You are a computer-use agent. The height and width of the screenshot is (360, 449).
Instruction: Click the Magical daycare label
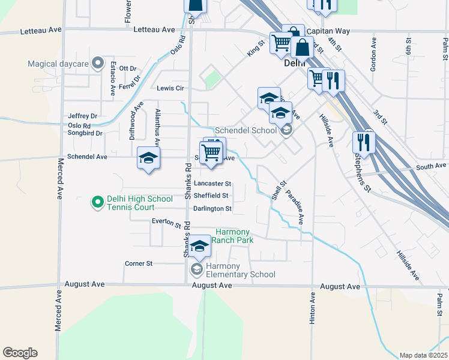[x=58, y=64]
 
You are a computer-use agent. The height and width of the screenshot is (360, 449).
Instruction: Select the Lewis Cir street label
[x=170, y=88]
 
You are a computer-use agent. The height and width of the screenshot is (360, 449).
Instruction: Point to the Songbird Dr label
[x=85, y=134]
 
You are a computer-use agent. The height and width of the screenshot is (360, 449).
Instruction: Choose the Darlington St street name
[x=212, y=209]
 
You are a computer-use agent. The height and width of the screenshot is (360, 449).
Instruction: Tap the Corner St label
[x=139, y=263]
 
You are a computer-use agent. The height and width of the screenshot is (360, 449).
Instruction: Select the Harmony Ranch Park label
[x=234, y=236]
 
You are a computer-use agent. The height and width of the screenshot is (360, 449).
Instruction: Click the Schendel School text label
[x=246, y=130]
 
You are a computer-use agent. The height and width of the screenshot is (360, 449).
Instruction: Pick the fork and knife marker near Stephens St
[x=364, y=142]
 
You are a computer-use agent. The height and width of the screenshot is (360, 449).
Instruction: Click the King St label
[x=256, y=49]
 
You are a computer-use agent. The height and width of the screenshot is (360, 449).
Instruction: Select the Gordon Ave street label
[x=373, y=55]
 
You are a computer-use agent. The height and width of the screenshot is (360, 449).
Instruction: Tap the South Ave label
[x=432, y=166]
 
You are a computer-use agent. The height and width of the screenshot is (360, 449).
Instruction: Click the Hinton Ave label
[x=312, y=309]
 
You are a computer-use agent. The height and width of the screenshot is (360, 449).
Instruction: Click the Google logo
[x=20, y=353]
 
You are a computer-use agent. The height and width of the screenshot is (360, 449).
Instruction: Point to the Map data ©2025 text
[x=423, y=355]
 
